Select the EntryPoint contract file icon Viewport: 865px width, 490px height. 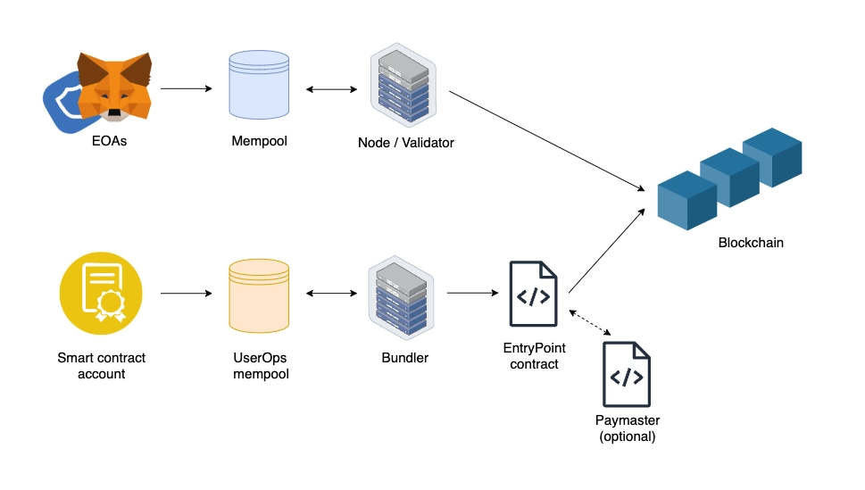pos(533,294)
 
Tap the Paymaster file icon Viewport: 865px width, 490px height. pos(627,375)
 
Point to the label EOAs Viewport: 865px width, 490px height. pos(108,141)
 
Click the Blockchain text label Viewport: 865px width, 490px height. pos(751,242)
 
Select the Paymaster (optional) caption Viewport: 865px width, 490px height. pos(627,428)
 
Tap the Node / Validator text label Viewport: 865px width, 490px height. pos(406,142)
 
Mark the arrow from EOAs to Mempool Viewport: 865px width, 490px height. pos(186,89)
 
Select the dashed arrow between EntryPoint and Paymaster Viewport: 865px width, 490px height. pos(589,323)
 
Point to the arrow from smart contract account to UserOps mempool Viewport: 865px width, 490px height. pos(186,293)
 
